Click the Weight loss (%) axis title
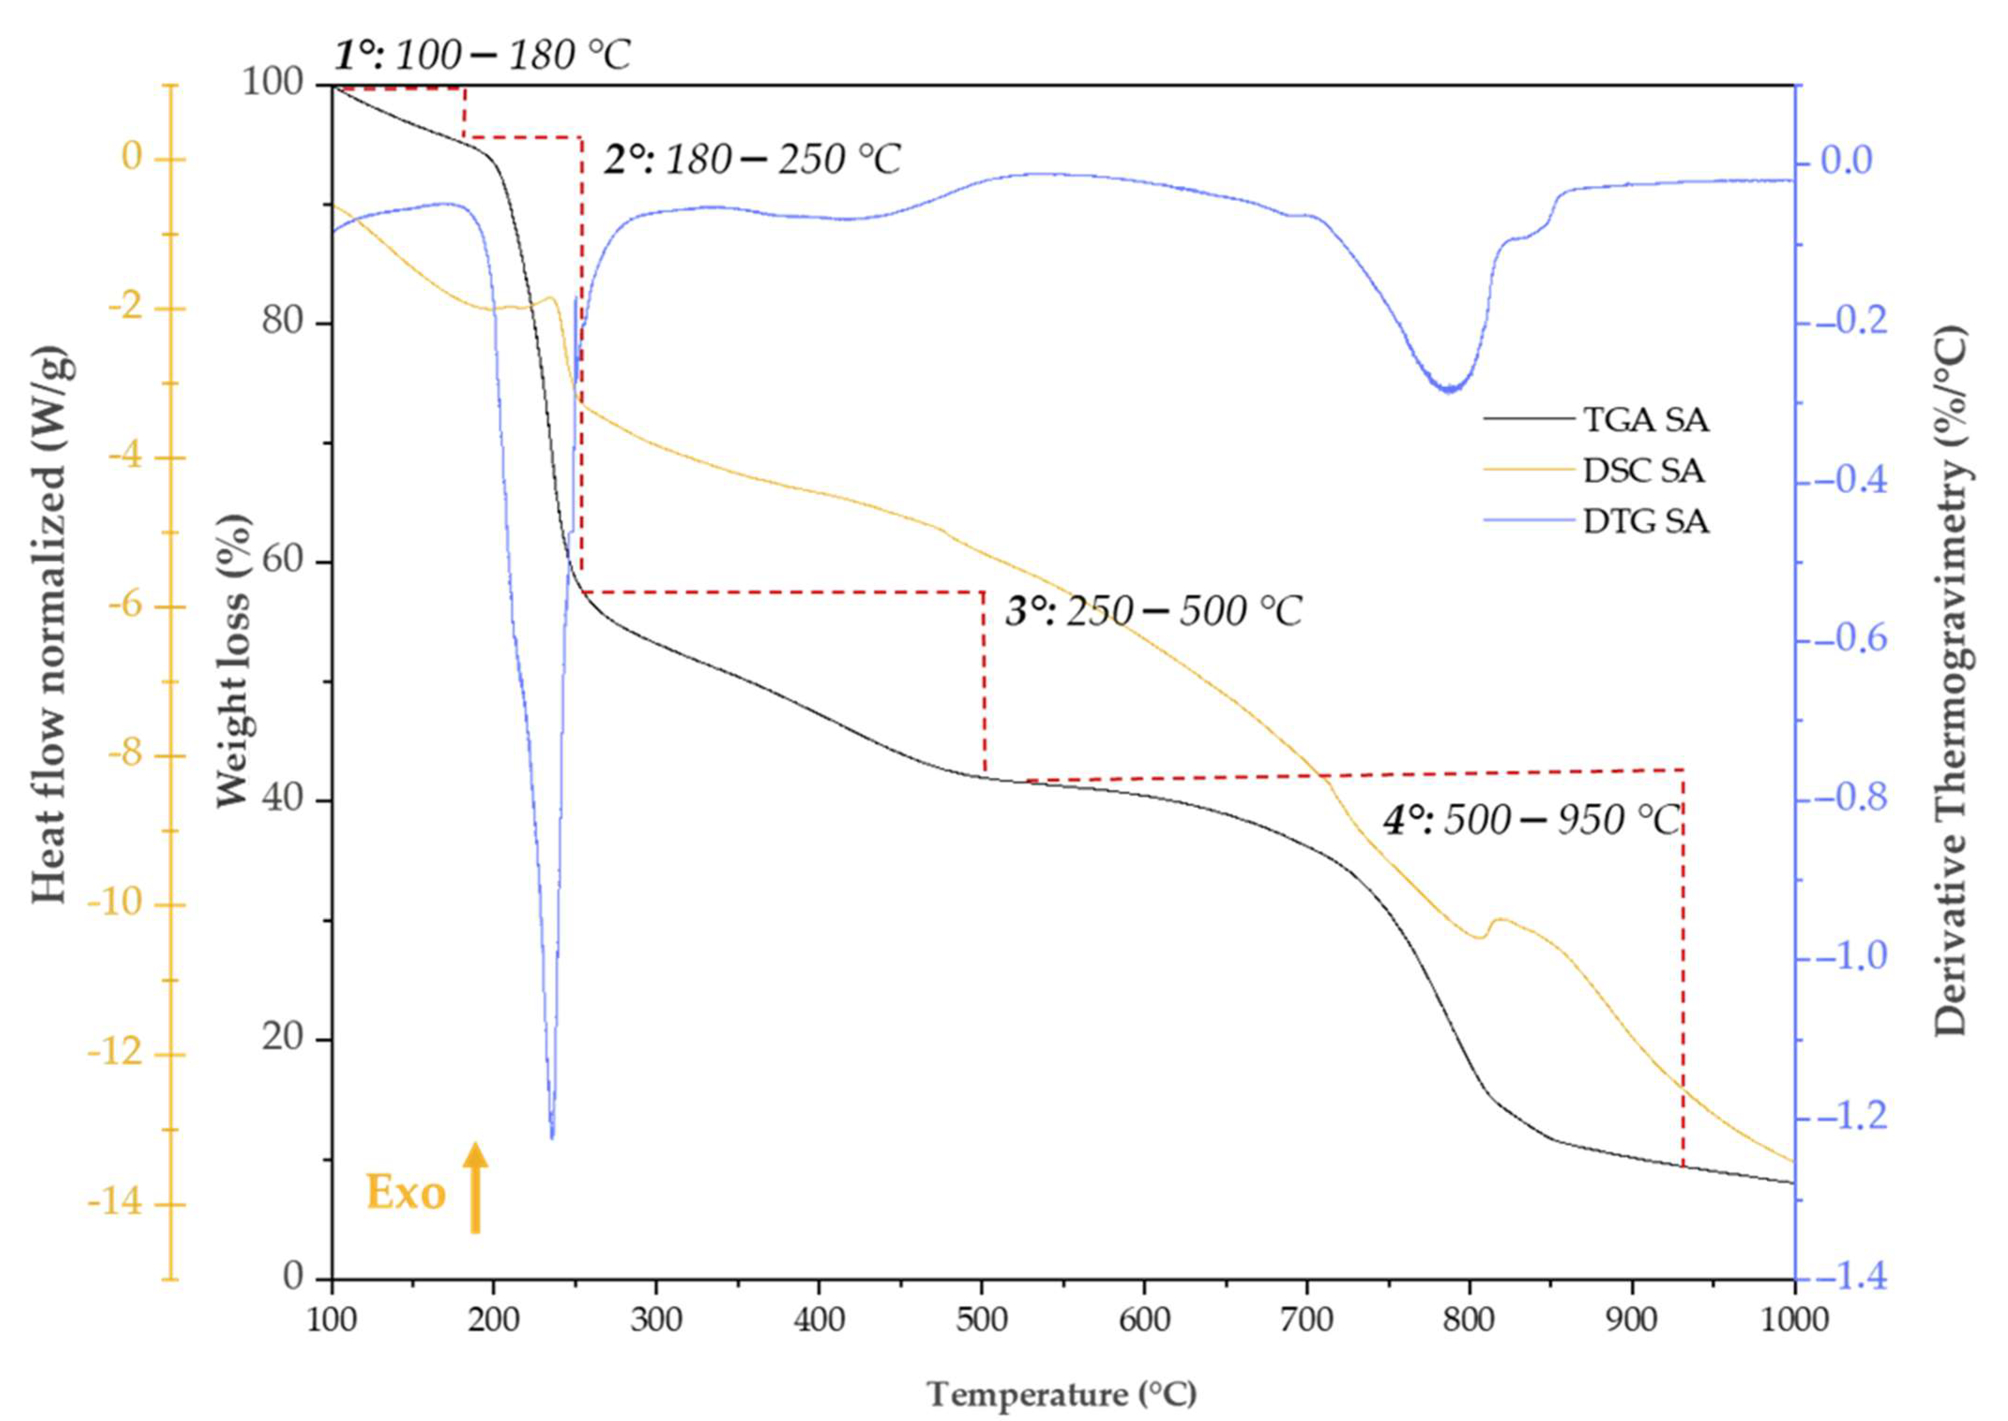tap(234, 661)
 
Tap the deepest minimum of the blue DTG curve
tap(551, 1136)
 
